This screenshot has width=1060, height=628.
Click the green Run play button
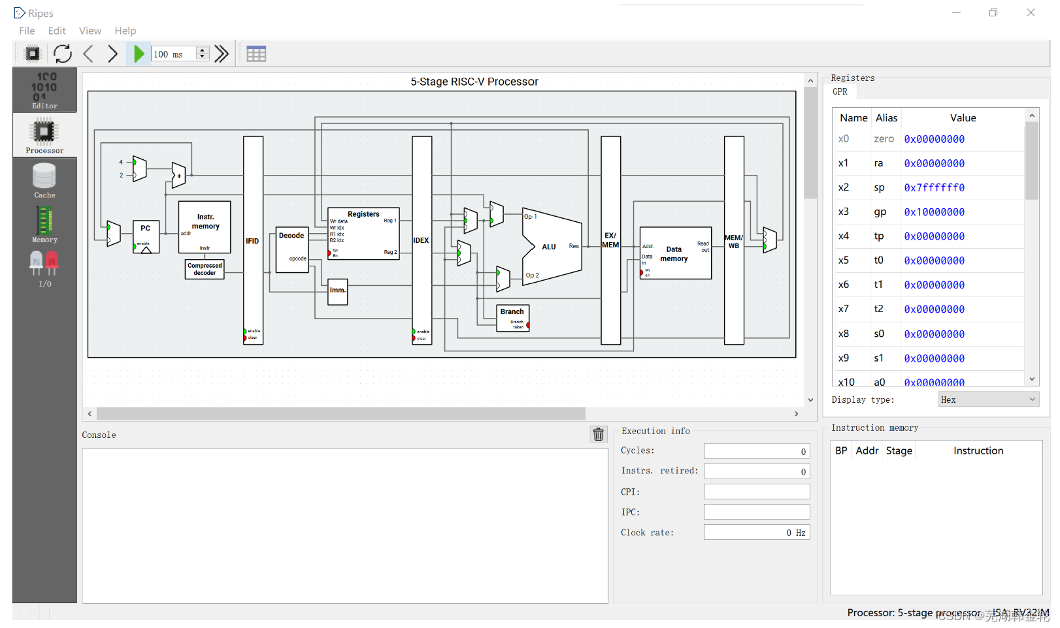tap(139, 54)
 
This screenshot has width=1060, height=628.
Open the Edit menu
tap(57, 31)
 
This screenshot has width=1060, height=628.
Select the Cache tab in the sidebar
tap(44, 181)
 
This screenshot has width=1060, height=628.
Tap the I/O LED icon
tap(44, 268)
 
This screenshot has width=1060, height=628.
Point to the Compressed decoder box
tap(205, 269)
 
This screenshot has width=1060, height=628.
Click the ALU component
tap(552, 247)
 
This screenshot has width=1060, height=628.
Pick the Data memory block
tap(675, 253)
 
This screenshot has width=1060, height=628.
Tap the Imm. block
tap(337, 291)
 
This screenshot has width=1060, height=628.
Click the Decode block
tap(291, 249)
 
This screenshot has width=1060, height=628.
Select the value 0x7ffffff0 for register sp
tap(934, 188)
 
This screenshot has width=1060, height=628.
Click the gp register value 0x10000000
tap(934, 212)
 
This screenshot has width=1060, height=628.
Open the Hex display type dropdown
tap(988, 400)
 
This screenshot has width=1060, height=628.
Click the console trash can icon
tap(598, 435)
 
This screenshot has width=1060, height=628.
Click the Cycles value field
tap(756, 451)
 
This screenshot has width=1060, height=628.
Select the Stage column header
tap(899, 451)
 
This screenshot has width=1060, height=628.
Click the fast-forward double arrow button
tap(222, 54)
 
